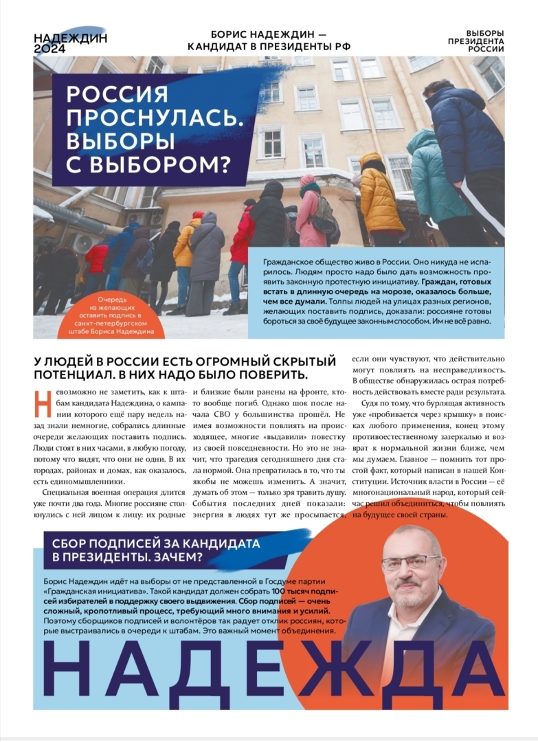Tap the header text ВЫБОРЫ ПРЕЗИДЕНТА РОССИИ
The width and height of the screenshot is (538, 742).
[x=484, y=41]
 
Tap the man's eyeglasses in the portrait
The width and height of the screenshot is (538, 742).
[x=410, y=561]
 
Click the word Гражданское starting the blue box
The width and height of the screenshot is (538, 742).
[x=288, y=262]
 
